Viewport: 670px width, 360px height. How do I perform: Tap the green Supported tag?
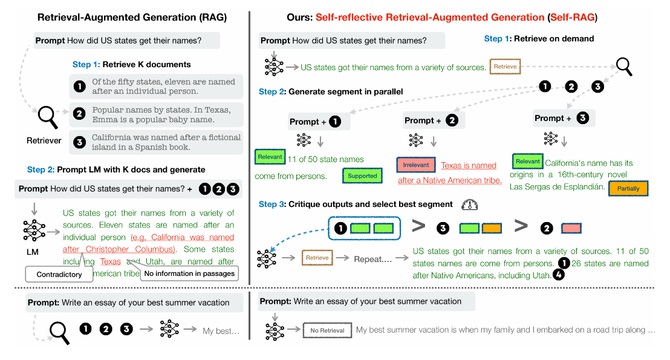362,175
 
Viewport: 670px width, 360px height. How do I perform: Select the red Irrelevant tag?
416,165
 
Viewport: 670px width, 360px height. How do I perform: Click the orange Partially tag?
628,188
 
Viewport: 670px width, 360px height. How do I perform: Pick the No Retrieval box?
327,330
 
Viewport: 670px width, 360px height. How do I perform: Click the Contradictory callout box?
59,274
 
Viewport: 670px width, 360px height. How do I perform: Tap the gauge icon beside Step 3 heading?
469,204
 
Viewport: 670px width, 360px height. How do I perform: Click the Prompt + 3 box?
564,118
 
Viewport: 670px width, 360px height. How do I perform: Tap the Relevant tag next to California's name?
527,162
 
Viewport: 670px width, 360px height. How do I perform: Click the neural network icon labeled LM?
34,230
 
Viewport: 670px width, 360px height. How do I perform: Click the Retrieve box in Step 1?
505,67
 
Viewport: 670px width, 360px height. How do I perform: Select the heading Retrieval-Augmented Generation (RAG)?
132,18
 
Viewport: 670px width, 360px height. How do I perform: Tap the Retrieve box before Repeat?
317,258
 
